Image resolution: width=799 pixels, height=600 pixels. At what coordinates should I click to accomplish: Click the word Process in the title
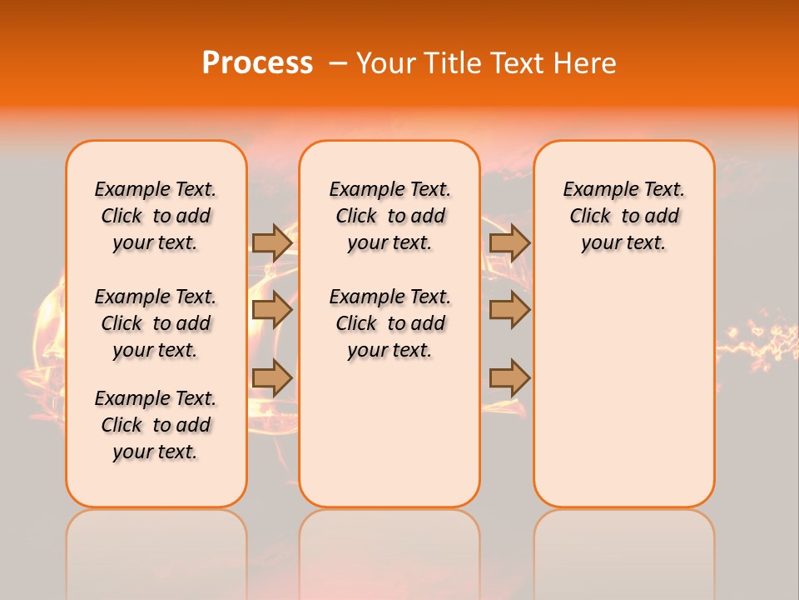pyautogui.click(x=256, y=63)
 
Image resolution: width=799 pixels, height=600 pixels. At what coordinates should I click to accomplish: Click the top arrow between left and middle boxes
pyautogui.click(x=272, y=242)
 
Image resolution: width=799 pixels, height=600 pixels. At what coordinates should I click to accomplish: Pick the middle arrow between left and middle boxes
pyautogui.click(x=272, y=311)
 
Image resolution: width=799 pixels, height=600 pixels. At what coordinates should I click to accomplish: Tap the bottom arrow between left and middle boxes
pyautogui.click(x=272, y=378)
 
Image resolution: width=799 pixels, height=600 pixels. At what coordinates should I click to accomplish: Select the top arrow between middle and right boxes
pyautogui.click(x=509, y=242)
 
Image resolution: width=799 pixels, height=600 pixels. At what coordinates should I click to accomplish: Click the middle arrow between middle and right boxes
pyautogui.click(x=509, y=311)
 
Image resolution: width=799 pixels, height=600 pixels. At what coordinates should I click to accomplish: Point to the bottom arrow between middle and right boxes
pyautogui.click(x=509, y=378)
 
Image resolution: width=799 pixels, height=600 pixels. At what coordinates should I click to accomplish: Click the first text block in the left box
pyautogui.click(x=156, y=216)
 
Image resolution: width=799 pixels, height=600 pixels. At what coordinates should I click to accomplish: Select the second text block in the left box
pyautogui.click(x=156, y=323)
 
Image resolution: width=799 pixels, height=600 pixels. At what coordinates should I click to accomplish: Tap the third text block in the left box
pyautogui.click(x=156, y=425)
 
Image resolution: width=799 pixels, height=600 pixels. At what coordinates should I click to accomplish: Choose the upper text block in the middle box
pyautogui.click(x=390, y=216)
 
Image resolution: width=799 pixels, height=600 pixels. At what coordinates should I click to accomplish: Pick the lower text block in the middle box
pyautogui.click(x=390, y=323)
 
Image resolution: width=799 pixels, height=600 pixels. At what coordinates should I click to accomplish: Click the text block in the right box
pyautogui.click(x=624, y=216)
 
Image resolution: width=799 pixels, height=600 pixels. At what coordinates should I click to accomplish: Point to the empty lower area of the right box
pyautogui.click(x=624, y=383)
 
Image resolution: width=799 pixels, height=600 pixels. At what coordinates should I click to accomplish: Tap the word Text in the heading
pyautogui.click(x=521, y=63)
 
